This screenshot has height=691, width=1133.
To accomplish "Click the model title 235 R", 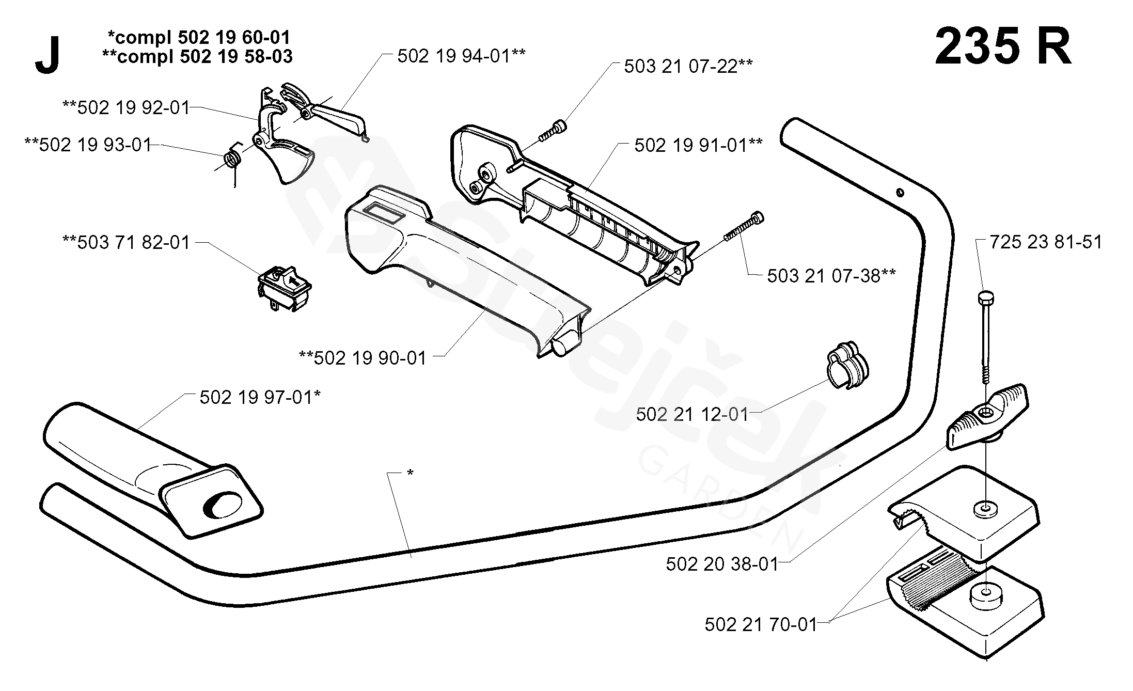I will coord(1003,48).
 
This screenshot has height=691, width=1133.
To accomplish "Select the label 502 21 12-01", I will coord(692,414).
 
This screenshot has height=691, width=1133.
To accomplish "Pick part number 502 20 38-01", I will coord(722,564).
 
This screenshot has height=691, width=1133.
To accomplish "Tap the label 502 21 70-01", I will coord(761,624).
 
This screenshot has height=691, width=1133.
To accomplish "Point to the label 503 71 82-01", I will coord(127,242).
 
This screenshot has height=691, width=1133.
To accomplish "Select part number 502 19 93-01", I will coord(88,145).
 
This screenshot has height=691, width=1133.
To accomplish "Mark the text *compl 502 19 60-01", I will coord(199,37).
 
